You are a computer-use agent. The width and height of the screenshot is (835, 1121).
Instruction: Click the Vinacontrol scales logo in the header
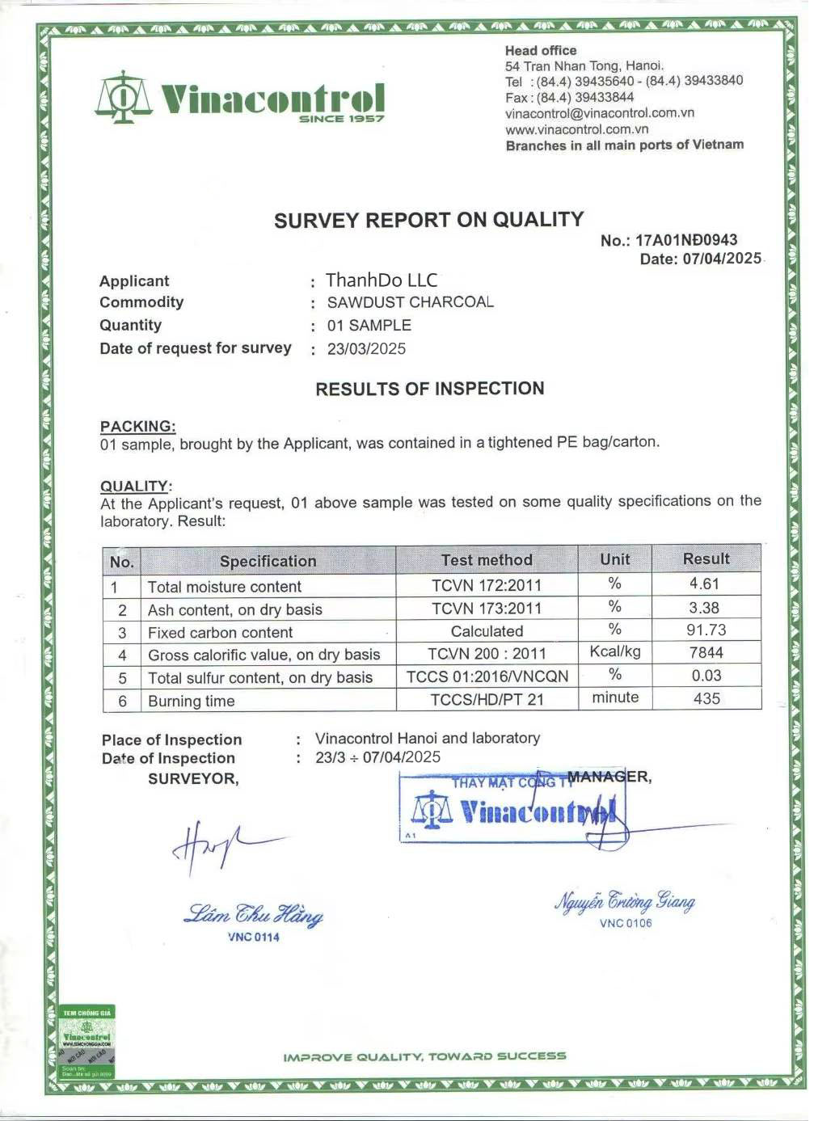pos(123,97)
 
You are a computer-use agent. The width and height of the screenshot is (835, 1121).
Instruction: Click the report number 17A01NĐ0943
pos(686,240)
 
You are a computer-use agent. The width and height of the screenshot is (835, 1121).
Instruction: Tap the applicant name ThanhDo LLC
pos(382,280)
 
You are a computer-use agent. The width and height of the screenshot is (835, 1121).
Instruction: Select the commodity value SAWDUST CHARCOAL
pos(410,302)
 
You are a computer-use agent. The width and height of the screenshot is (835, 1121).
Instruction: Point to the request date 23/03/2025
pos(366,349)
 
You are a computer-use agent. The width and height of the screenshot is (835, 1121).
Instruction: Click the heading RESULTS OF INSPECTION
pos(429,389)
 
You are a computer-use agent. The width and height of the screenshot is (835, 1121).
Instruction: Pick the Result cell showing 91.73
pos(706,630)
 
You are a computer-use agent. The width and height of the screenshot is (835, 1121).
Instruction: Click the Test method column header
pos(487,560)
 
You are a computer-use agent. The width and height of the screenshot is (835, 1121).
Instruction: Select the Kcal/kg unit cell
pos(615,651)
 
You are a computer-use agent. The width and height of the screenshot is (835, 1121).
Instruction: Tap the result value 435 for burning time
pos(706,698)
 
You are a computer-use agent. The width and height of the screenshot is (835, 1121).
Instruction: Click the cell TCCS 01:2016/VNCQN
pos(487,676)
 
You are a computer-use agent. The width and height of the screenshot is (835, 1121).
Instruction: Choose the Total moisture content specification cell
pos(224,587)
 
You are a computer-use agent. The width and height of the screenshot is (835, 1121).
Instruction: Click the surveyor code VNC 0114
pos(253,938)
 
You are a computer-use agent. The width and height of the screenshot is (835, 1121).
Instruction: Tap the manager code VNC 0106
pos(625,923)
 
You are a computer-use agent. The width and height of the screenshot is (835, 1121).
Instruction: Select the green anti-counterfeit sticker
pos(87,1043)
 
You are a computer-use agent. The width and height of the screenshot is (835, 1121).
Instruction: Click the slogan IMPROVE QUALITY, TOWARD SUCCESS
pos(424,1056)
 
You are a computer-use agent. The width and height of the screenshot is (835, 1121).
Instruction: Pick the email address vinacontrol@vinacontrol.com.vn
pos(600,113)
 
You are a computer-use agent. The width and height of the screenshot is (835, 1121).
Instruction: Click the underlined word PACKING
pos(137,426)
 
